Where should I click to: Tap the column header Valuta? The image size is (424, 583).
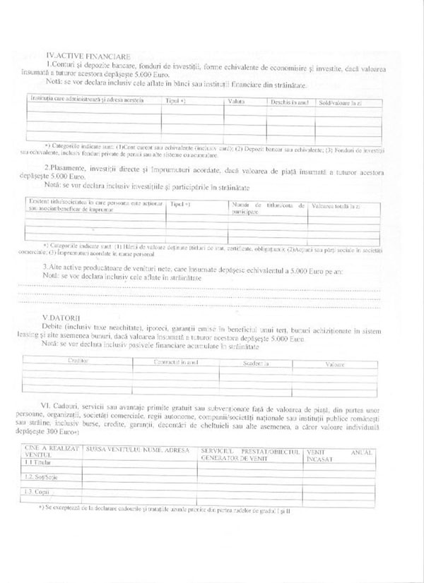click(x=235, y=102)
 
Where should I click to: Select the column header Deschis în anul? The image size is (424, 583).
click(x=290, y=102)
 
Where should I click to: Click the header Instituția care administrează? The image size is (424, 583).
click(x=85, y=101)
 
